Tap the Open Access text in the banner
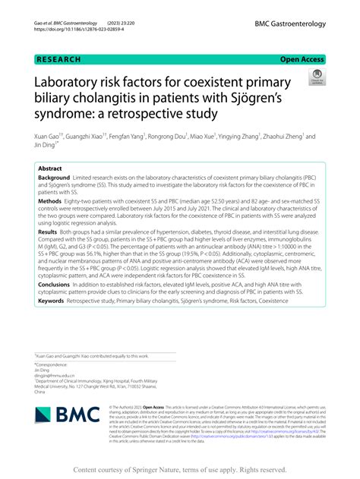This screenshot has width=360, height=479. point(302,58)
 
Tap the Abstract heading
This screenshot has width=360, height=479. point(51,169)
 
